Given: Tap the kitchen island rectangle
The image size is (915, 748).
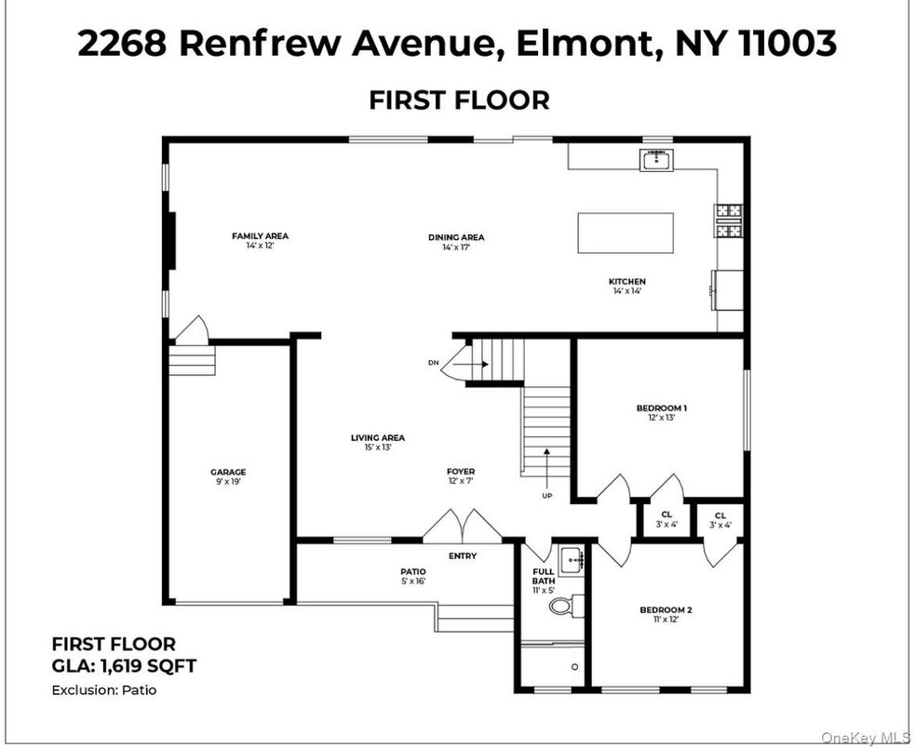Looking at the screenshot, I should click(625, 233).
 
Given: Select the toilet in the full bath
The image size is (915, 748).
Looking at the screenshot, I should click(564, 607).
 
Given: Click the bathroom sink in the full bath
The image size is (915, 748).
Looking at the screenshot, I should click(572, 559).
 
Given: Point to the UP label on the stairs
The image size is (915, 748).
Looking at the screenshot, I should click(546, 495).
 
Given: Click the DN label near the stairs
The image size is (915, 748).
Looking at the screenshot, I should click(433, 362).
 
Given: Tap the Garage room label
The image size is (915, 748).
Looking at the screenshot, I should click(228, 473).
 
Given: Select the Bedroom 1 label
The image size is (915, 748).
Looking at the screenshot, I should click(661, 407).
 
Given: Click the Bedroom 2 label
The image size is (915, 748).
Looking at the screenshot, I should click(666, 610).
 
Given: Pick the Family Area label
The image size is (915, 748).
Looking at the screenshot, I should click(261, 236).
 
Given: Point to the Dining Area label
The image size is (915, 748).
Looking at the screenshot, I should click(456, 237).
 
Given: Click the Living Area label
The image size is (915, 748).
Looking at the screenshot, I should click(378, 437).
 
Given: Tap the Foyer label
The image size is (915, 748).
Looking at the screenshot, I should click(461, 473).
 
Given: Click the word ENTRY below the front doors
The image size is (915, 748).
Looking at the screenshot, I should click(463, 556).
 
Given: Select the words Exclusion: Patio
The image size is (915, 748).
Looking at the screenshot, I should click(103, 690).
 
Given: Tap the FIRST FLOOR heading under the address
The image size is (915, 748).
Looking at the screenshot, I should click(459, 100).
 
